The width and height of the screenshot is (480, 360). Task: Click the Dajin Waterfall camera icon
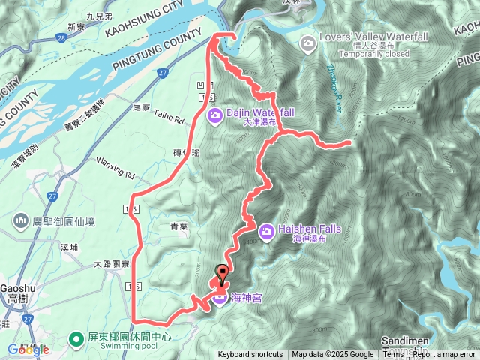pos(215,115)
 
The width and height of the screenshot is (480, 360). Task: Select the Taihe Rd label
pos(168,118)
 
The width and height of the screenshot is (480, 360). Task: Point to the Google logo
pos(28,349)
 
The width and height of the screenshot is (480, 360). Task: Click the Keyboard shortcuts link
pos(250,355)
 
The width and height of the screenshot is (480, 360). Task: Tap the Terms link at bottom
pos(393,355)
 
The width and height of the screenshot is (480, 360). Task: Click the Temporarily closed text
pos(374,54)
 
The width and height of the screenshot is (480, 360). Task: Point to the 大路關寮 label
pos(112,264)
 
